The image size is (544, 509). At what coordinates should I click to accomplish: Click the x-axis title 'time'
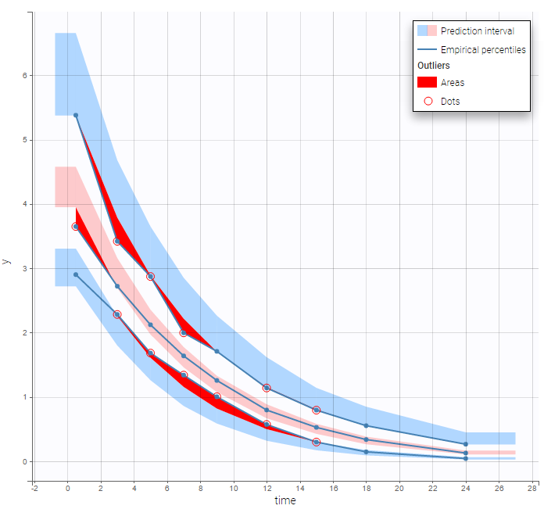point(285,500)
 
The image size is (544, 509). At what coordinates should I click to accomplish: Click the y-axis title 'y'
point(7,260)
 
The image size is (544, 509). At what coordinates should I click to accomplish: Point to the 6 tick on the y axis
point(25,76)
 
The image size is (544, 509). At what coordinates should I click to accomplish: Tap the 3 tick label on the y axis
point(25,269)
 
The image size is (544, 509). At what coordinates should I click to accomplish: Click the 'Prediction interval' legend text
point(477,31)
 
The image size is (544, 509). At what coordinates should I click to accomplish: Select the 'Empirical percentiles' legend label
point(482,49)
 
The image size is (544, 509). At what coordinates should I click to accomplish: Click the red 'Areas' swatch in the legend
point(427,82)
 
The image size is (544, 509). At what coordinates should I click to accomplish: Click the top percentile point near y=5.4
point(76,115)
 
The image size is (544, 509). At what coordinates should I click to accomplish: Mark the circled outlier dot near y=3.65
point(76,227)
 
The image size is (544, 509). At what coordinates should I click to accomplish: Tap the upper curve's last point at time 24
point(466,444)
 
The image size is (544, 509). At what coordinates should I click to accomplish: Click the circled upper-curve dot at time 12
point(267,388)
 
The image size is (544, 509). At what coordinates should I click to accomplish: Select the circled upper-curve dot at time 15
point(317,410)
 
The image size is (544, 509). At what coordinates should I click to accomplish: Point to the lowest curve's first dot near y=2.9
point(76,274)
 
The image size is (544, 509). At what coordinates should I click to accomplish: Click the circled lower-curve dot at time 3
point(117,314)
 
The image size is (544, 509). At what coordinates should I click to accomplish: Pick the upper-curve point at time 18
point(366,425)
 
